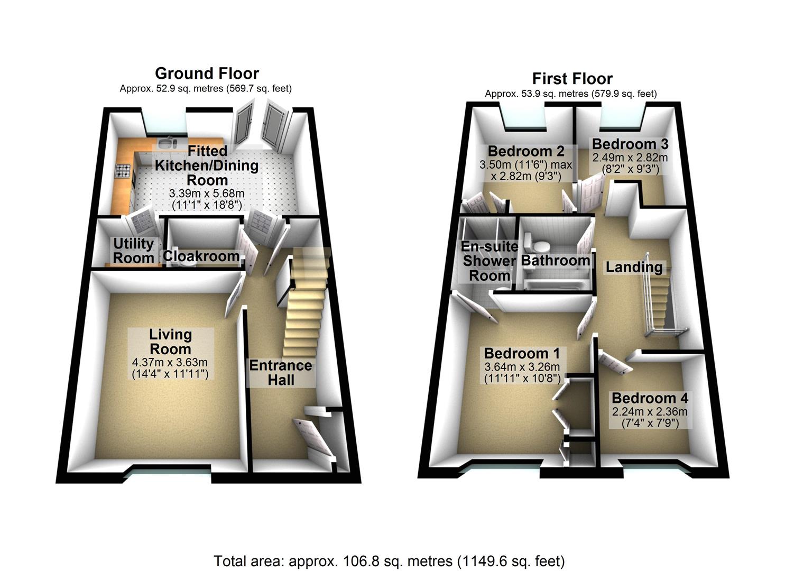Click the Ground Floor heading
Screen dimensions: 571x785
[207, 73]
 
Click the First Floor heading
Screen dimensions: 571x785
[572, 79]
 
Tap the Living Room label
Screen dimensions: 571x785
[170, 342]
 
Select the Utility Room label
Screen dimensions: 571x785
[134, 251]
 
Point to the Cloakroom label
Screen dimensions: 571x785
[201, 256]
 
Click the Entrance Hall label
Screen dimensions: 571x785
[281, 373]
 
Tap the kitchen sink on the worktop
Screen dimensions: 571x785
[167, 144]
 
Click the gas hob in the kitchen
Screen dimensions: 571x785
[123, 171]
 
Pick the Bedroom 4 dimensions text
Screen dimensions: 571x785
[650, 417]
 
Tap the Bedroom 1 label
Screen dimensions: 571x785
[522, 353]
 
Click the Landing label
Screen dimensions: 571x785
[634, 267]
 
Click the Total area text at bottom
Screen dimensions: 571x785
[389, 561]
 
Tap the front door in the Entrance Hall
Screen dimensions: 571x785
[314, 436]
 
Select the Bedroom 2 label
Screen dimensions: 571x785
[525, 151]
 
